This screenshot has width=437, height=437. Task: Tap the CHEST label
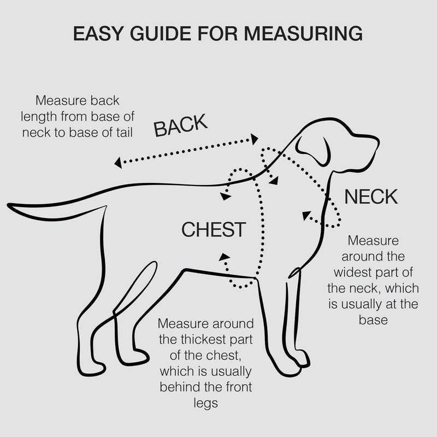[x=214, y=229]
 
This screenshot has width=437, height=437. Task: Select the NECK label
[x=370, y=197]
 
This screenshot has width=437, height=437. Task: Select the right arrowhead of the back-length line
[x=254, y=139]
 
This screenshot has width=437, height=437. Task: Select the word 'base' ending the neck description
[x=374, y=320]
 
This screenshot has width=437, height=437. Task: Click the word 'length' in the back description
[x=51, y=116]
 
